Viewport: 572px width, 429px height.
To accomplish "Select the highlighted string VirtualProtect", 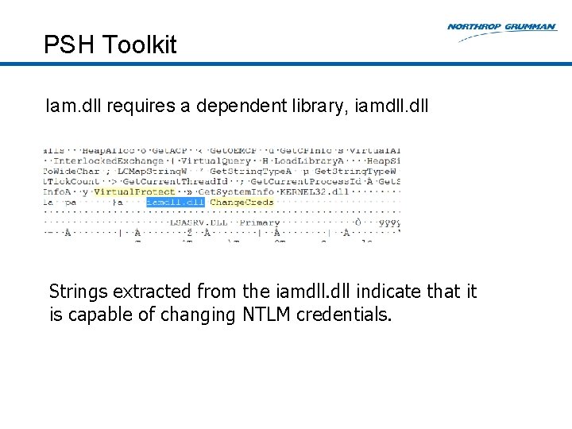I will (134, 191).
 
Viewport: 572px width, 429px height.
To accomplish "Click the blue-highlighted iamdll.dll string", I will (174, 202).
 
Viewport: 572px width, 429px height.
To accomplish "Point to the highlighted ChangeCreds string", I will (242, 202).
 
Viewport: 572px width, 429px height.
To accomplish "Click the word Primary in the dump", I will (259, 222).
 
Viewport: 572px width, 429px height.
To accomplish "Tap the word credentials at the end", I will (343, 315).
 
